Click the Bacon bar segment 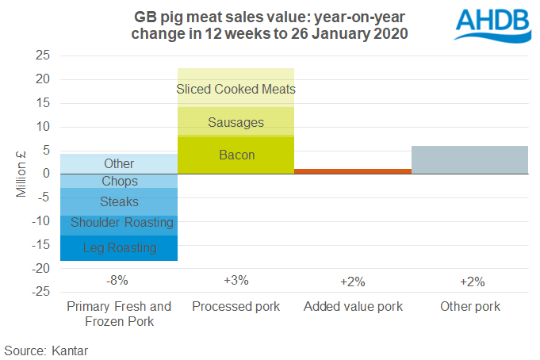[x=236, y=155]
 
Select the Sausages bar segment [x=236, y=122]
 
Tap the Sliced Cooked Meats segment [x=236, y=89]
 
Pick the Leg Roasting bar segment [x=119, y=248]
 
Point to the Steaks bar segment [x=119, y=202]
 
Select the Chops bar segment [x=119, y=182]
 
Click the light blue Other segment [x=119, y=163]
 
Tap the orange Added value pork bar [x=353, y=171]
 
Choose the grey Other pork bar [x=470, y=159]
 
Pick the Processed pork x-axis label [x=236, y=307]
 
